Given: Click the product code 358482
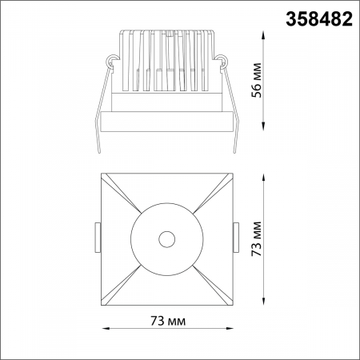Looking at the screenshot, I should [x=319, y=20].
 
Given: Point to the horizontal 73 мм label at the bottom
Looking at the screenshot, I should [x=167, y=321].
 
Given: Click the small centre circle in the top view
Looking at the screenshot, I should [x=166, y=238].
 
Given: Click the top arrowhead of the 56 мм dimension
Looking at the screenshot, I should [x=266, y=33].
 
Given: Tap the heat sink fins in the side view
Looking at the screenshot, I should [x=167, y=60].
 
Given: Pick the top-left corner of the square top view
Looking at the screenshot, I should [x=104, y=174].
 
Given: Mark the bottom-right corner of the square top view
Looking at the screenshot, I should [x=230, y=302].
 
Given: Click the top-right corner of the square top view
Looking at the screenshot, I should [x=230, y=174].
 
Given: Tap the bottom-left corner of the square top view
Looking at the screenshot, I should [x=104, y=302].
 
